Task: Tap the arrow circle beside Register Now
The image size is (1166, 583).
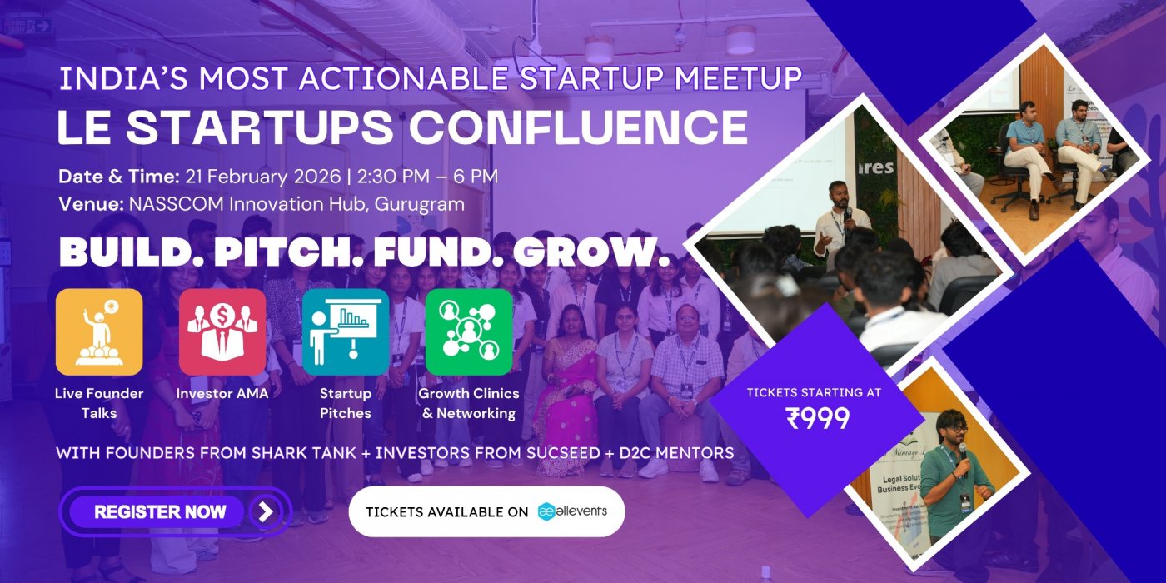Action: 266,511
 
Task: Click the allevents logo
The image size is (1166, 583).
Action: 572,511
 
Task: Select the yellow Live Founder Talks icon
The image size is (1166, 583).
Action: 99,332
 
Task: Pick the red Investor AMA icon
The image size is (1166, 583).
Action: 222,332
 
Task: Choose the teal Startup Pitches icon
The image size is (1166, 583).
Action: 346,332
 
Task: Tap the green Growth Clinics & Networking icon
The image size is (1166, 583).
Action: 469,332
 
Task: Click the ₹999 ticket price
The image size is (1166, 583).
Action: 817,418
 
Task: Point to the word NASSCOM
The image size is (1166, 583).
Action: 167,203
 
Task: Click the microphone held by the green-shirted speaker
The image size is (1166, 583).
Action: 964,450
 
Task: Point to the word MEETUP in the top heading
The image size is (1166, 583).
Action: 738,78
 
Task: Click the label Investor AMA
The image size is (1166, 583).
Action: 222,393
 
